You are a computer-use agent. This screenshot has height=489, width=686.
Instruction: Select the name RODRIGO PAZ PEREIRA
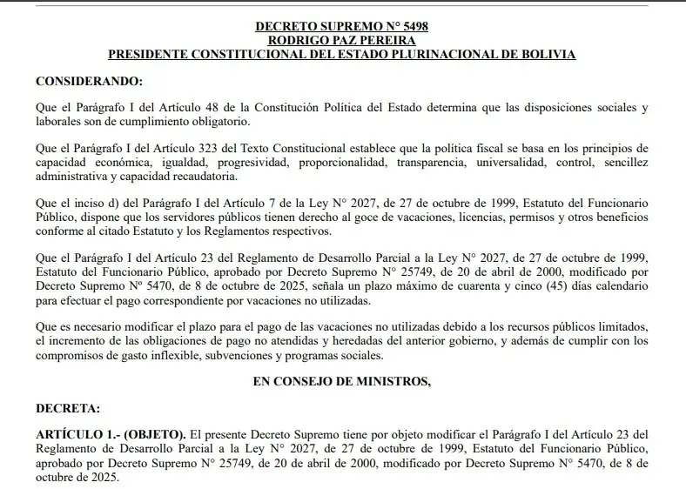click(x=342, y=40)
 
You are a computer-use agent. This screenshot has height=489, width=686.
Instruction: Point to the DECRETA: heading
click(x=68, y=406)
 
